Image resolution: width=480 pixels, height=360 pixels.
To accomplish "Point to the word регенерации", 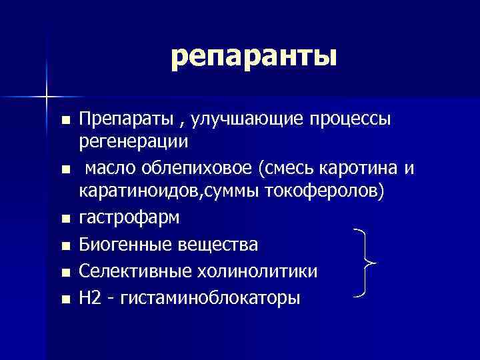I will pos(134,142).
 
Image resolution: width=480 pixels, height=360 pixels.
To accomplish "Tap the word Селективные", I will pos(127,271).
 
